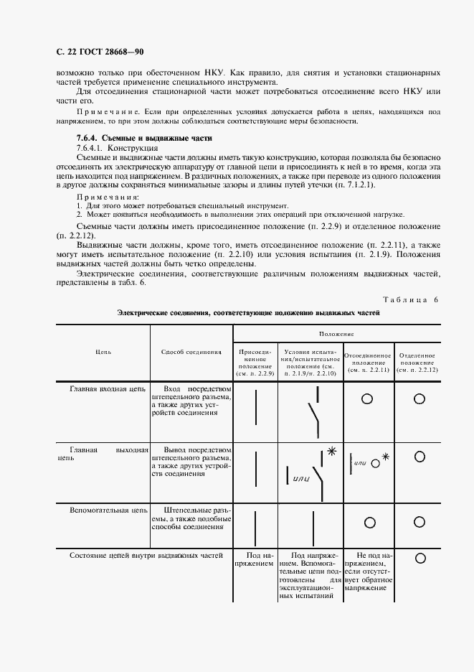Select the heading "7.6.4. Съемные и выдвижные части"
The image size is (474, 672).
143,138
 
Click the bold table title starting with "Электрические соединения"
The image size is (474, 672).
248,313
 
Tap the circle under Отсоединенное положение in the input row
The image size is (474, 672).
367,398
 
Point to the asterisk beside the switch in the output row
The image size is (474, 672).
331,451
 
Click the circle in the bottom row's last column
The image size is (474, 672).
419,558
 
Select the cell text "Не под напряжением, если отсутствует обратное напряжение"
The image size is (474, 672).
367,571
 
